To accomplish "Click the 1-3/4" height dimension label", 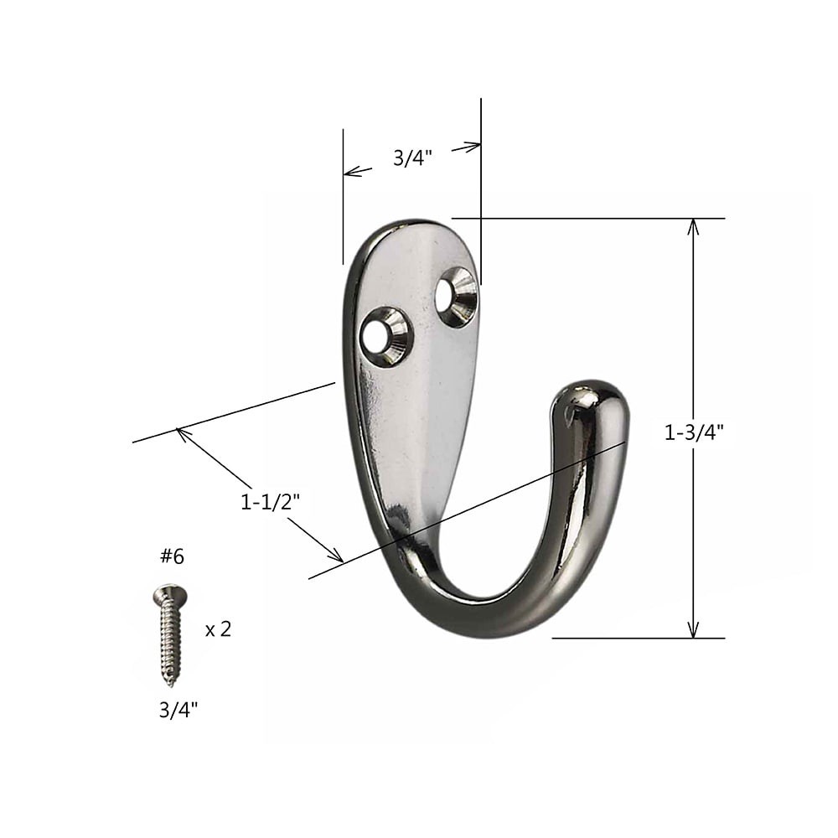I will point(694,432).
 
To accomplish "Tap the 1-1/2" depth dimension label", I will point(270,502).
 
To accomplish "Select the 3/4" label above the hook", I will point(412,158).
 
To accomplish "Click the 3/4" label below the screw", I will point(178,710).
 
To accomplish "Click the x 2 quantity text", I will point(218,629).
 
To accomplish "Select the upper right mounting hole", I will point(457,297).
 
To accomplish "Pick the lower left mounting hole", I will point(385,337).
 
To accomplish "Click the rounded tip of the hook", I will point(592,401).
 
